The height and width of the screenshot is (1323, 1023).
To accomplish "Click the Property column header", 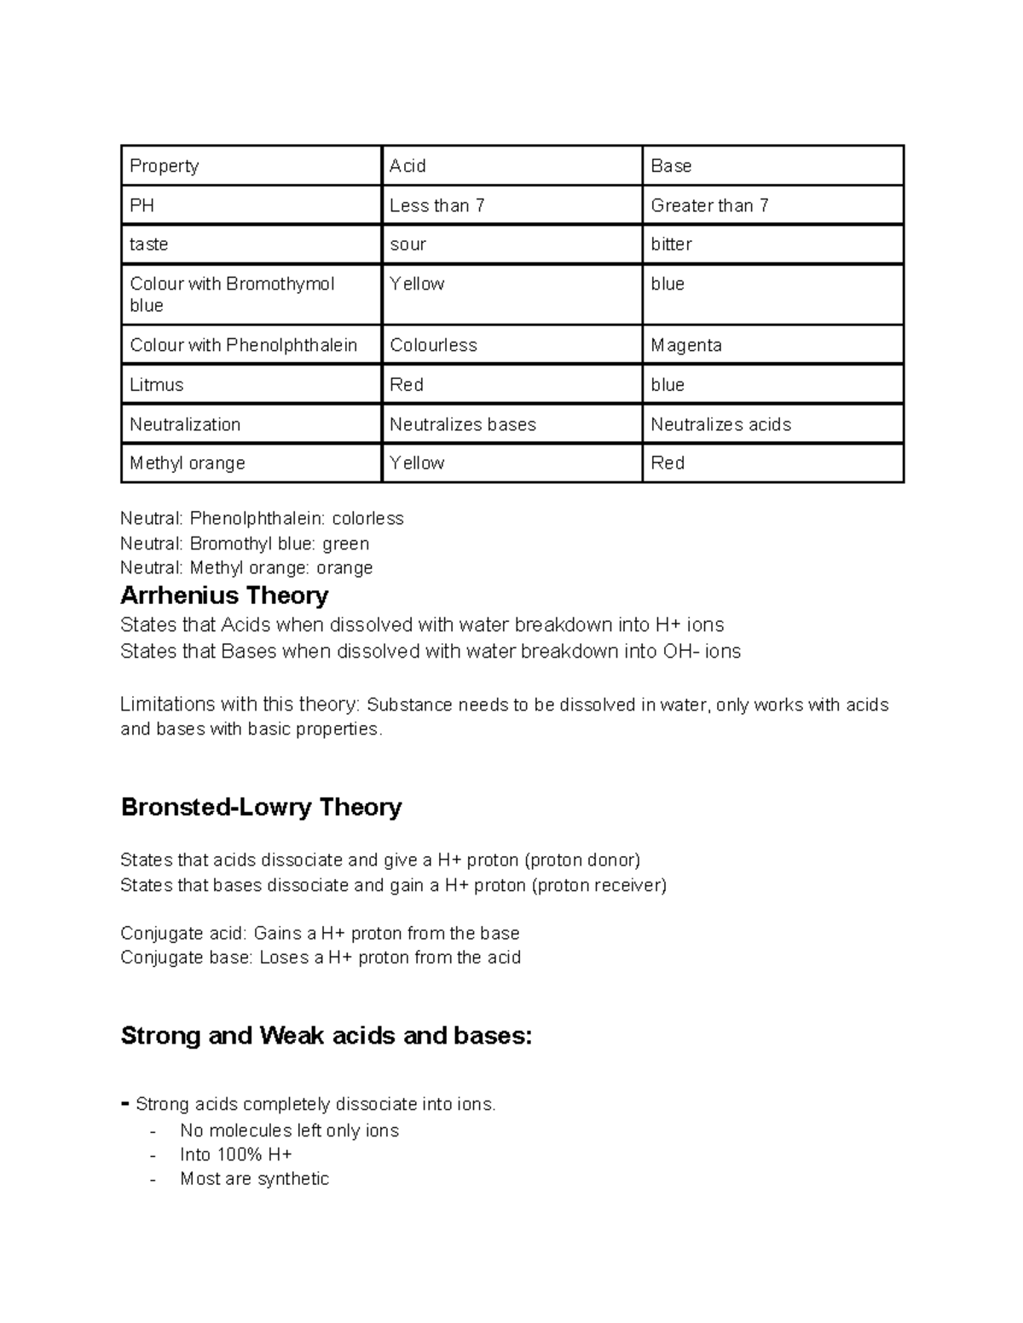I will coord(165,166).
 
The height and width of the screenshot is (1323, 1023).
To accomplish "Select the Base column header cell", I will coord(671,166).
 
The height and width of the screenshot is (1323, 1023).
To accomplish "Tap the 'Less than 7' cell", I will coord(436,205).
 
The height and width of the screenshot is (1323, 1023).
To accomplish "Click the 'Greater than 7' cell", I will coord(709,205).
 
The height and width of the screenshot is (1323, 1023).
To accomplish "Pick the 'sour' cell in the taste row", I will coord(407,244).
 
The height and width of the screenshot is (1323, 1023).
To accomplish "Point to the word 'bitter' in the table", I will coord(671,244).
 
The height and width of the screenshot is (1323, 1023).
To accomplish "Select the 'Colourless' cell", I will coord(433,345).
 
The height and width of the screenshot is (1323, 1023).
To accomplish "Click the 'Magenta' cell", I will coord(686,345).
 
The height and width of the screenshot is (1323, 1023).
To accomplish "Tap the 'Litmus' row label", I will coord(157,385).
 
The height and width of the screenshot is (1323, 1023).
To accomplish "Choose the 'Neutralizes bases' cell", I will coord(463,424).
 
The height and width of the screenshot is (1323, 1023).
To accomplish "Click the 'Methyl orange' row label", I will coord(188,463).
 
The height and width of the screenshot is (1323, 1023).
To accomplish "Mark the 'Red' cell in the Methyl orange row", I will coord(668,463).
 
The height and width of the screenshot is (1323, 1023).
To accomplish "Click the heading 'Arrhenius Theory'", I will coord(224,595).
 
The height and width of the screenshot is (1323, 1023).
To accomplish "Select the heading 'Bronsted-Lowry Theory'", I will coord(261,807).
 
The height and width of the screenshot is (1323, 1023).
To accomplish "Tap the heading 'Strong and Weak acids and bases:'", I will coord(327,1035).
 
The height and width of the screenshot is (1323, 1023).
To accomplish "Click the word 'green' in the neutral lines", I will coord(345,544).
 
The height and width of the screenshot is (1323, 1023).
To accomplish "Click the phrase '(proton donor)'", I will coord(581,860).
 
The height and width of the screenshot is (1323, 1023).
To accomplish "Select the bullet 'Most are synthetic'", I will coord(254,1179).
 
